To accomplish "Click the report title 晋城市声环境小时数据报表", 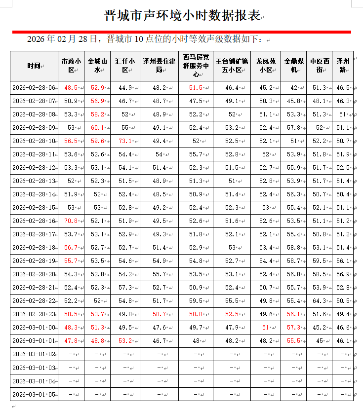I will coord(182,16).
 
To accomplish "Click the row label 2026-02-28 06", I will coord(34,88).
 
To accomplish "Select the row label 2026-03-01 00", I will coord(34,327).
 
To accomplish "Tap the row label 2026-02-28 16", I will coord(34,221).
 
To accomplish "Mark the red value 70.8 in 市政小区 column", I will coord(71,221).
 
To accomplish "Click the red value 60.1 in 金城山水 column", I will coord(97,128).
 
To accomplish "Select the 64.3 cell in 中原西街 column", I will coord(319,300).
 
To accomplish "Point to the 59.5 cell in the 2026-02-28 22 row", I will coord(196,300).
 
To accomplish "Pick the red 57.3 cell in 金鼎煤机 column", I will coord(293,327).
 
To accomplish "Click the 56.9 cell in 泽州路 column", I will coord(342,274).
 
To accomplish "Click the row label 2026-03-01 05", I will coord(34,394).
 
